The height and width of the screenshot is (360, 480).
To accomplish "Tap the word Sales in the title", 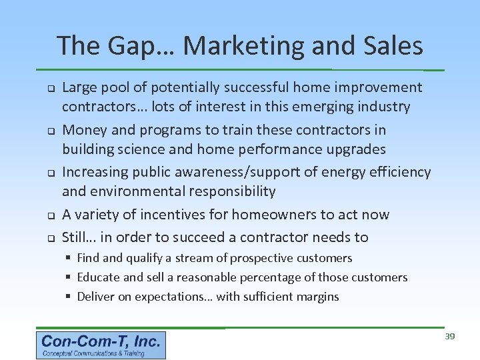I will coord(394,46).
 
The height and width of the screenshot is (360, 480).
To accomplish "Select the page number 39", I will coord(450,337).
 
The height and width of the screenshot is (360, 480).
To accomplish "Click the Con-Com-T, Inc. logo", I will coord(101,345).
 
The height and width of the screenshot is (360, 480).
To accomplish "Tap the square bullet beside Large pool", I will coord(49,88).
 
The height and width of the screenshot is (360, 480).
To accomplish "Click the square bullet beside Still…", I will coord(49,238).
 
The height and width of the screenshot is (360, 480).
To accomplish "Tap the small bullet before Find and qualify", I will coord(69,258).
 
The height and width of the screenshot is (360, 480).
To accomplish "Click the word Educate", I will coord(99,277).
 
